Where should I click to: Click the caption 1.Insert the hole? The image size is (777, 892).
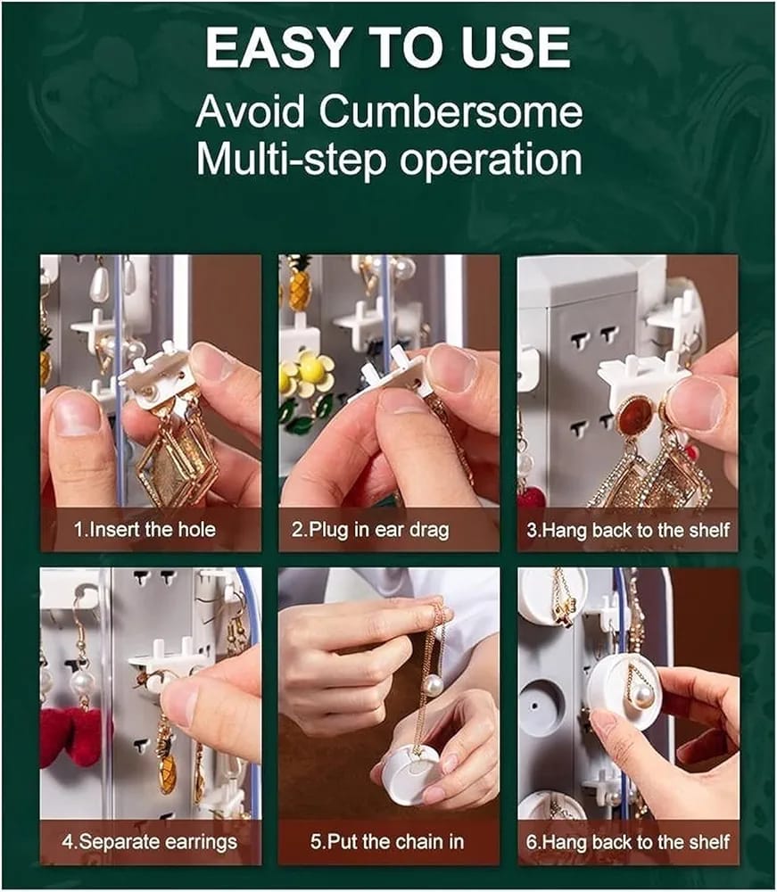click(x=145, y=530)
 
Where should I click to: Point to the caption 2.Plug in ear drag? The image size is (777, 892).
click(x=370, y=530)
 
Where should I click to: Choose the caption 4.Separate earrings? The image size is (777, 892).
click(x=150, y=841)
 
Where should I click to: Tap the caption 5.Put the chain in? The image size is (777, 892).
click(x=387, y=841)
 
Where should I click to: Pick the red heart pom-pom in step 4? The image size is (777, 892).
click(x=75, y=735)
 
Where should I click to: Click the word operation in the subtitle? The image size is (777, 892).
click(x=491, y=160)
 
